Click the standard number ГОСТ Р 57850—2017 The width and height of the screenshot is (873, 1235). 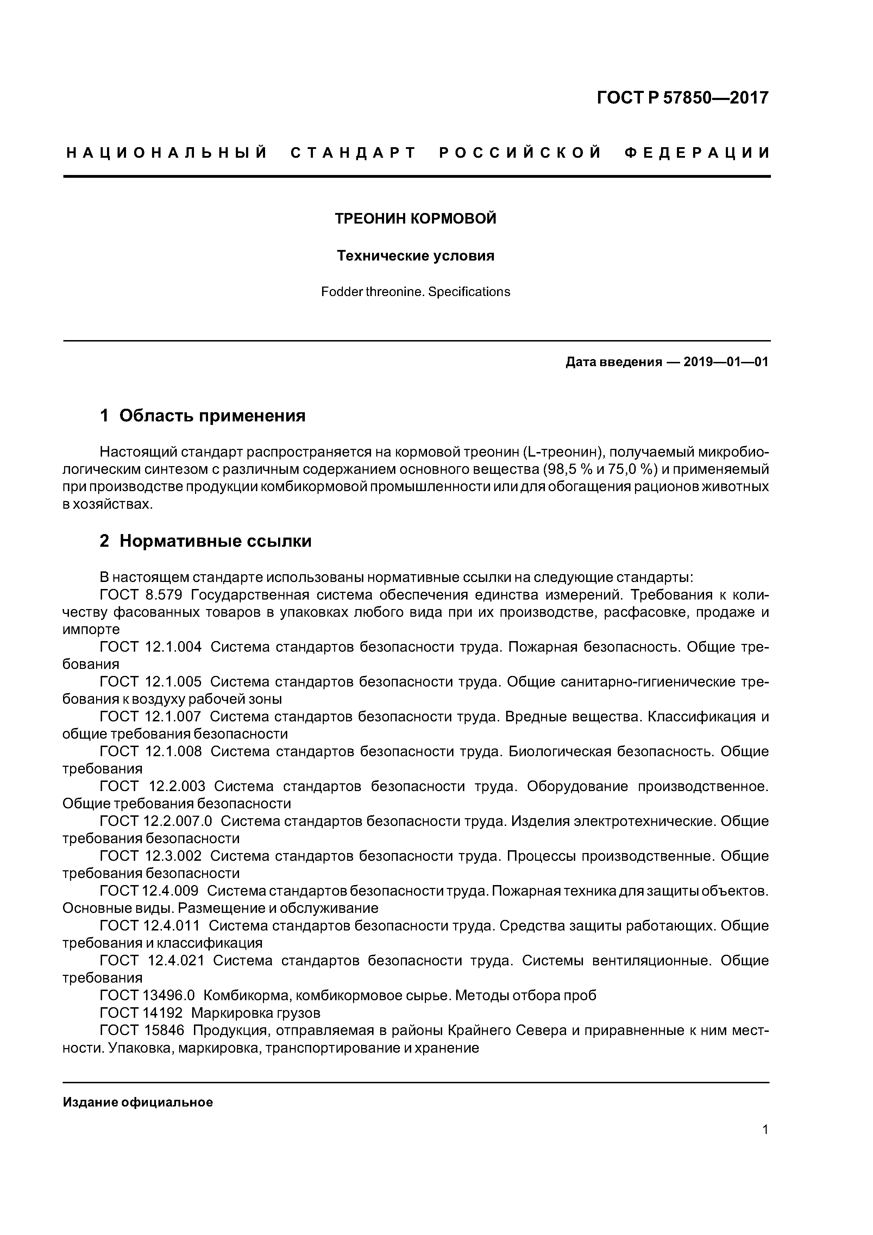point(683,98)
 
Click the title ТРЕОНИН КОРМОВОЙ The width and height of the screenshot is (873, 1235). point(415,219)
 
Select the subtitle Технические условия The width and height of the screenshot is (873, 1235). point(415,256)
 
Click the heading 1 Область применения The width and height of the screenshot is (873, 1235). point(203,416)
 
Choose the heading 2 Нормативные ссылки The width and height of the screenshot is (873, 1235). point(206,541)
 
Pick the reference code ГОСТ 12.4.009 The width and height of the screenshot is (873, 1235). point(149,891)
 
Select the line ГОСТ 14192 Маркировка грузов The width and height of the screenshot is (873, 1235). point(210,1013)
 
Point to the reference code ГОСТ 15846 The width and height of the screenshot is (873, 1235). point(142,1030)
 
